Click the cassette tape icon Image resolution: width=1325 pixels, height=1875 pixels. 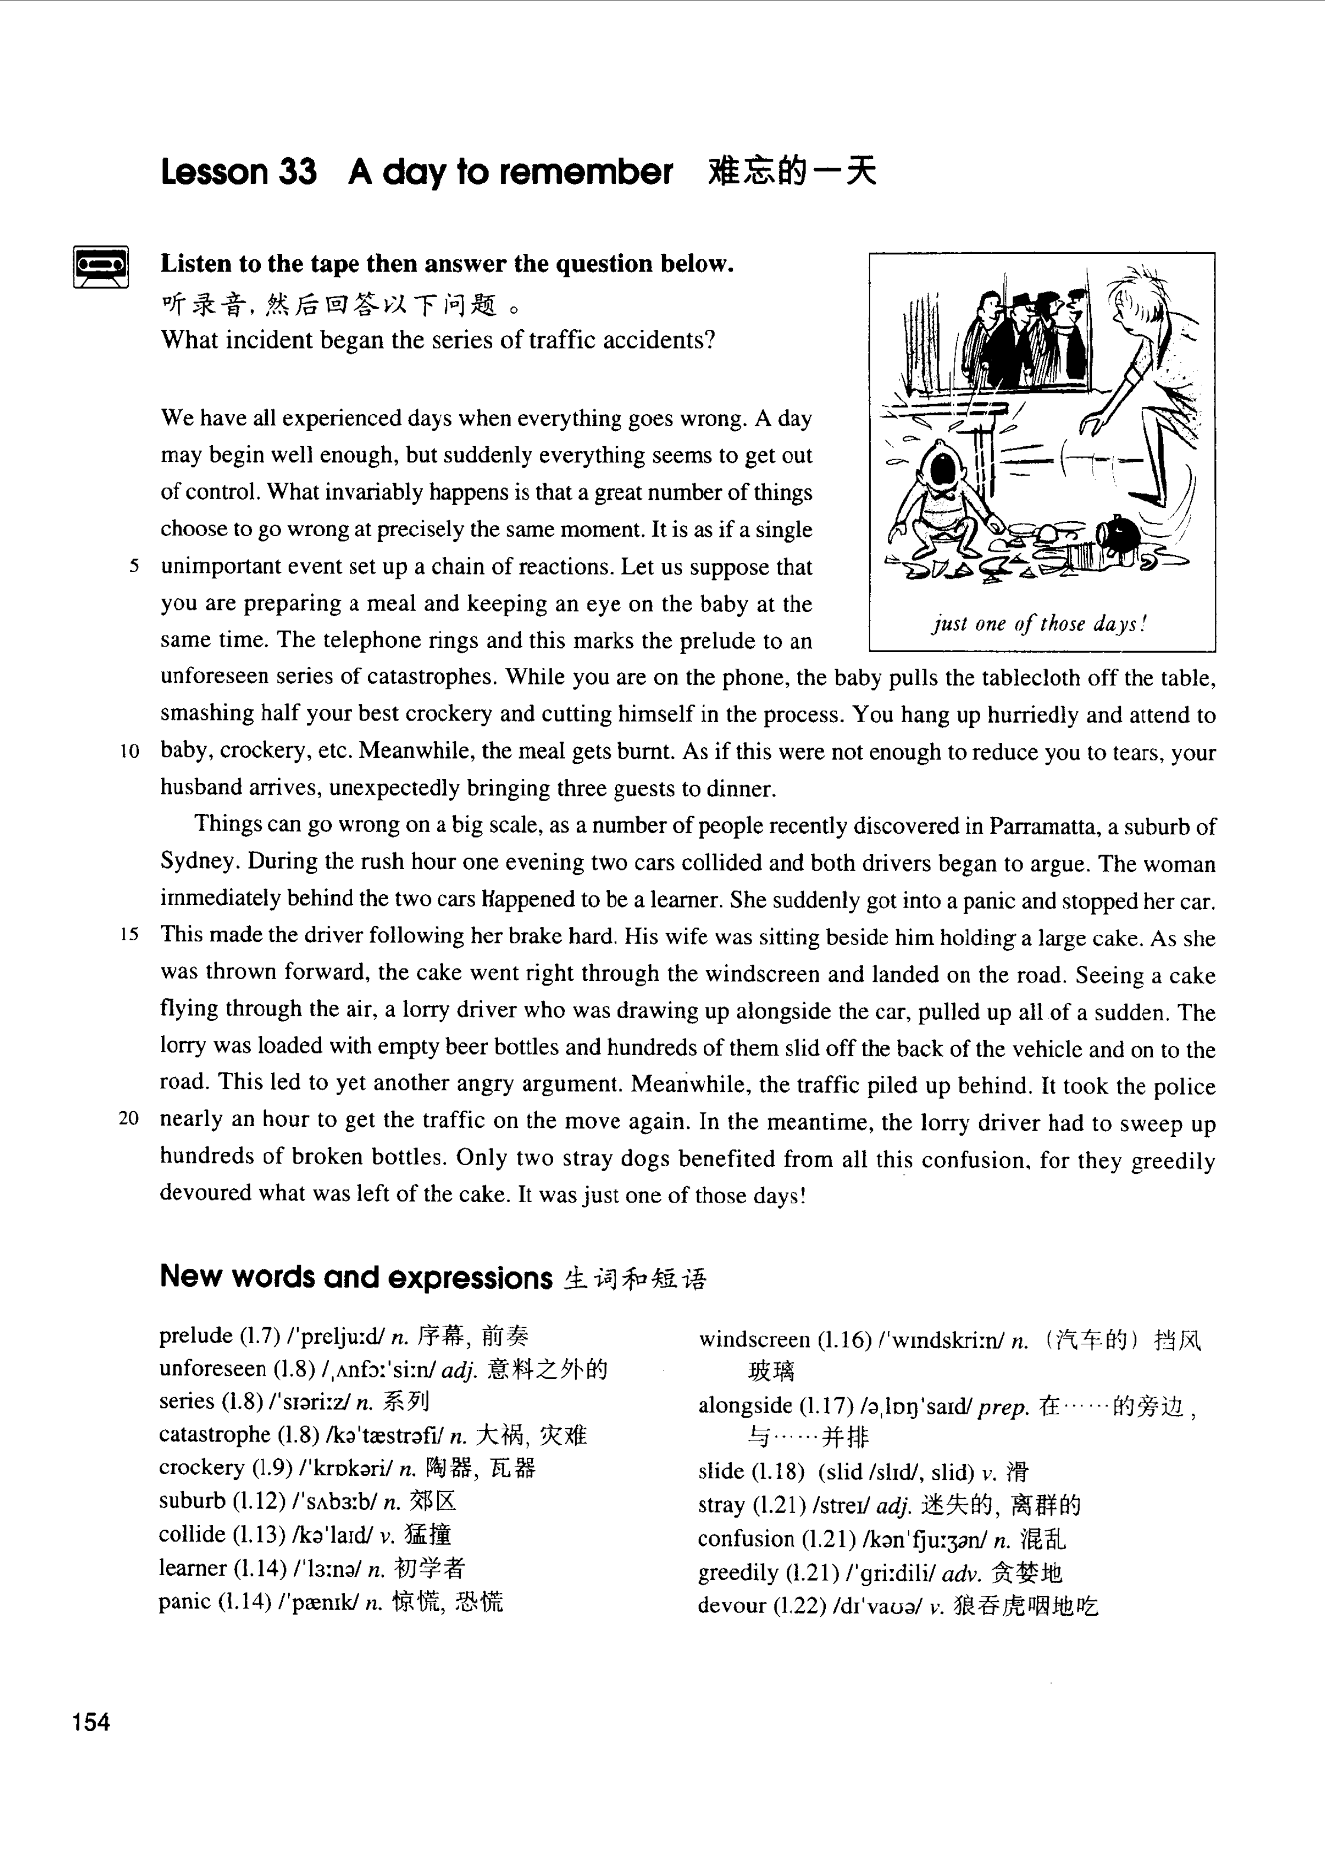coord(101,266)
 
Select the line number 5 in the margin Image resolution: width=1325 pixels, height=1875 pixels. coord(134,567)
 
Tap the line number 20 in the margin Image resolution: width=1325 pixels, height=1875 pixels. coord(129,1119)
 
